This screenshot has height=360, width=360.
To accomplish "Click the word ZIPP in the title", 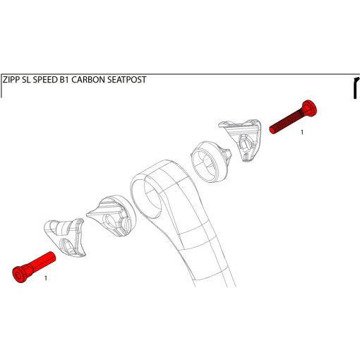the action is (x=11, y=80).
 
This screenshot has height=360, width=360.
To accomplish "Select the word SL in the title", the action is (x=27, y=80).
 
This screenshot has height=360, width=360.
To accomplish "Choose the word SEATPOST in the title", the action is (x=126, y=80).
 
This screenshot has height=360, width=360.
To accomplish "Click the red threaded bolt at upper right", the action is (x=293, y=117).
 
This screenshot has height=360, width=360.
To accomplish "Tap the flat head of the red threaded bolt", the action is (x=310, y=107).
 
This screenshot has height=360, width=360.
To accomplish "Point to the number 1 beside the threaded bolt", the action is (x=302, y=133).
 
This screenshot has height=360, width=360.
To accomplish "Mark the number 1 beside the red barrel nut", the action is (x=46, y=278).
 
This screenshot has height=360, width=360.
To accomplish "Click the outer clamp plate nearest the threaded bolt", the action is (x=242, y=139).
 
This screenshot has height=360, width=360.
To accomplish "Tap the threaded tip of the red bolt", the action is (x=272, y=130).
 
